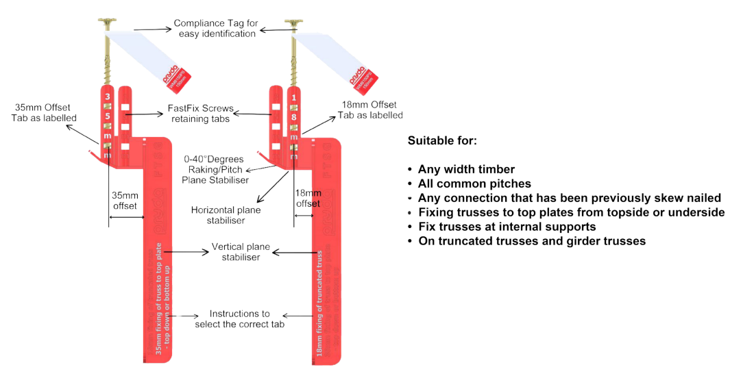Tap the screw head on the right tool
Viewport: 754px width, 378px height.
295,23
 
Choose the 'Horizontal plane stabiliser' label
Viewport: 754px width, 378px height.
226,214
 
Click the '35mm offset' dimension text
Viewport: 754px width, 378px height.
125,201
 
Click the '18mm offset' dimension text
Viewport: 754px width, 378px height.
307,199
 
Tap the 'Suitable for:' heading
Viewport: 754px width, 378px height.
442,141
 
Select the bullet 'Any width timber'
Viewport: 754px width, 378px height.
465,169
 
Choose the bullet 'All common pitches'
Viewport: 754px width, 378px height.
472,184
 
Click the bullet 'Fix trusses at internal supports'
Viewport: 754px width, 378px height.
507,227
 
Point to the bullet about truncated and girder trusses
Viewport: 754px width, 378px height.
531,241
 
